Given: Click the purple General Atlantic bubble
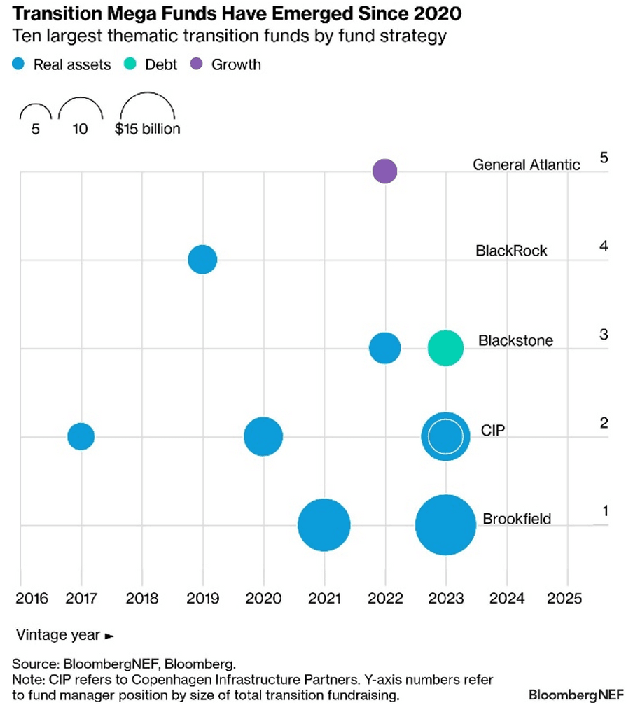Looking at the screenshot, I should coord(384,171).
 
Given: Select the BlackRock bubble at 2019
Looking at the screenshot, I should coord(202,260).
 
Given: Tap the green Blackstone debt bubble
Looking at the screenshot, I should coord(445,348).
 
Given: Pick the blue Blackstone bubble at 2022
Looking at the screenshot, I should coord(384,348).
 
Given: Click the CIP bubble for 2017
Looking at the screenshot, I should coord(81,436).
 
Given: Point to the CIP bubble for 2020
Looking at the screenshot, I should coord(263,436).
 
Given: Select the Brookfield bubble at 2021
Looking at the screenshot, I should coord(324,524).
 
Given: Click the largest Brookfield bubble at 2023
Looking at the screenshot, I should coord(445,524).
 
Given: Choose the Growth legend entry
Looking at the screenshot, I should coord(227,64).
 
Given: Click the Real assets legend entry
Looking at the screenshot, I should coord(62,64).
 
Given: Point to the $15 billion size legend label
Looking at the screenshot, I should coord(147,130).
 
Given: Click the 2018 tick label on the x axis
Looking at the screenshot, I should coord(142,599).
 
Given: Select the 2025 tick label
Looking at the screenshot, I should coord(567,599).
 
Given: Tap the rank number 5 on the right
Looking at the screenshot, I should coord(604,157).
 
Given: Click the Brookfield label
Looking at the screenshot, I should coord(517,520).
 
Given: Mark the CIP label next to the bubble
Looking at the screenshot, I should coord(493,430).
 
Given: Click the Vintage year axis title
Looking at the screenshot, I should coord(64,635).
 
